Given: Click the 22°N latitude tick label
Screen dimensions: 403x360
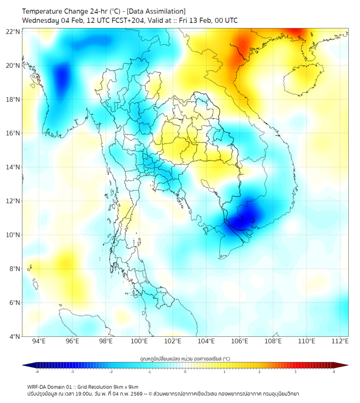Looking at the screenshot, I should coord(13,32).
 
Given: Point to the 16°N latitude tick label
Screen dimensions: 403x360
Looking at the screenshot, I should coord(13,133).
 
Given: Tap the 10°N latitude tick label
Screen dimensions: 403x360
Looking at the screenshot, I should coord(13,235).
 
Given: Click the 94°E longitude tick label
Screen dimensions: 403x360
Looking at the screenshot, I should coord(39,341).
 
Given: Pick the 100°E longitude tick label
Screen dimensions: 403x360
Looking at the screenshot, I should coord(140,341).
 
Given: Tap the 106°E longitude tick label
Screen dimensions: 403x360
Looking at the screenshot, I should coord(240,341).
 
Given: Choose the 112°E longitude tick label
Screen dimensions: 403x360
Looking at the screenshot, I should coord(340,341).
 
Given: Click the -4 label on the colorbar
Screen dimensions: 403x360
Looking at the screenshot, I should coord(37,372).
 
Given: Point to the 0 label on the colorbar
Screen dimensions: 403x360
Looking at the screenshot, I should coord(185,372).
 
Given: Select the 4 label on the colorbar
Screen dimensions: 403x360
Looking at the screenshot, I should coord(334,372).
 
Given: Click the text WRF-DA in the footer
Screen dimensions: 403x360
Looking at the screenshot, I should coord(37,386).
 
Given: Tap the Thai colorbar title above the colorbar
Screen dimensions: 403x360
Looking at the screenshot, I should coord(185,358).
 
